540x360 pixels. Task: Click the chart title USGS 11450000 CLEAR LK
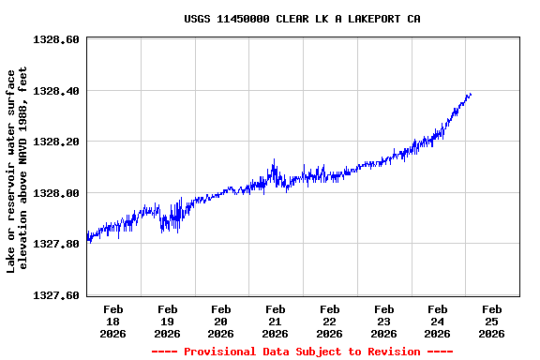(x=301, y=19)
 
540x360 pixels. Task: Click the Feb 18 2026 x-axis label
(x=113, y=321)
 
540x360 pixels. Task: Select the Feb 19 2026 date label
(x=168, y=321)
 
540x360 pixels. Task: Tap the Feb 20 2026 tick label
(x=221, y=321)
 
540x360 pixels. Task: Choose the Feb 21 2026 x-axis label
(x=276, y=321)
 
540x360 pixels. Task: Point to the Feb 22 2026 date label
(x=329, y=321)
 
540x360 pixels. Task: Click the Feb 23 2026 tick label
(x=383, y=321)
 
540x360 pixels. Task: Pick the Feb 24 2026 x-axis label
(x=437, y=321)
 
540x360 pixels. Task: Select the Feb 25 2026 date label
(x=491, y=321)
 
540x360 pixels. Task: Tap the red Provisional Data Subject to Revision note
(x=302, y=352)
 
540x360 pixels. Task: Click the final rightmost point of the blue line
(x=471, y=94)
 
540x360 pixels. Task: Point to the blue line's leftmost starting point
(x=87, y=237)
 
